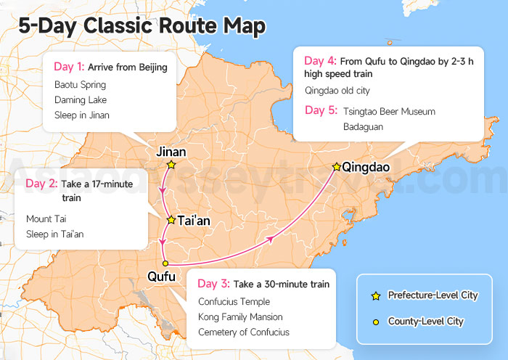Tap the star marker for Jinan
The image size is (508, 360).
point(171,165)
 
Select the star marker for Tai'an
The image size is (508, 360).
point(171,219)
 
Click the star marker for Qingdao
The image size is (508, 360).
point(337,167)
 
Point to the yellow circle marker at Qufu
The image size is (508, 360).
point(165,263)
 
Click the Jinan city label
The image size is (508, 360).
point(171,152)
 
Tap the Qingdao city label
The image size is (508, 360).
point(366,168)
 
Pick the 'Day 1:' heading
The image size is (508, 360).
point(69,67)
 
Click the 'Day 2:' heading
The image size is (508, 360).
point(41,184)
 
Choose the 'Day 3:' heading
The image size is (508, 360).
point(213,284)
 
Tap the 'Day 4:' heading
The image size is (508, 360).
point(319,61)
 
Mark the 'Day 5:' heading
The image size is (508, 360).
point(319,111)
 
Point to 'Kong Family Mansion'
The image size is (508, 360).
point(240,317)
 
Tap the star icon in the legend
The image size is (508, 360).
point(375,295)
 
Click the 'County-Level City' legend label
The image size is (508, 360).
point(426,321)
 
